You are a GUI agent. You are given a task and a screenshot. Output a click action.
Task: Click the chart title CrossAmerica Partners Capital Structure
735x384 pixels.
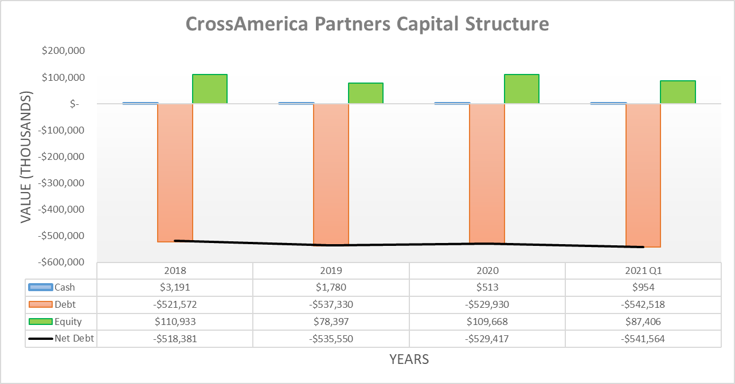pyautogui.click(x=367, y=24)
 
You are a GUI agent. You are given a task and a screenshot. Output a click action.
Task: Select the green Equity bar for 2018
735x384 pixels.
pyautogui.click(x=210, y=89)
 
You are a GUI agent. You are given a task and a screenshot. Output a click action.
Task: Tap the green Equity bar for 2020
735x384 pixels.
pyautogui.click(x=522, y=89)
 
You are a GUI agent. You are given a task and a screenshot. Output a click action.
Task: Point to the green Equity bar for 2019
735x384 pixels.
pyautogui.click(x=366, y=93)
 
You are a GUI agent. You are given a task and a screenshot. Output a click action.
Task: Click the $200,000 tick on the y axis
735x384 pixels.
pyautogui.click(x=64, y=51)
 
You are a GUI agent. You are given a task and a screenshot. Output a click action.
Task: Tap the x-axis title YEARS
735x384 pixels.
pyautogui.click(x=409, y=359)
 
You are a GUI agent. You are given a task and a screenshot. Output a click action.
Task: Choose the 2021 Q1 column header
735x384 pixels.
pyautogui.click(x=643, y=271)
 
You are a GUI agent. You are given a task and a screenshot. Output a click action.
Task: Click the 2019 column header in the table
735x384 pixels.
pyautogui.click(x=331, y=271)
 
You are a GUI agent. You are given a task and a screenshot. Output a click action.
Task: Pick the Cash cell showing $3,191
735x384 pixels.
pyautogui.click(x=175, y=287)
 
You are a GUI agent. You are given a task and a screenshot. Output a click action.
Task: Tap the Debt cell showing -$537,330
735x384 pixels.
pyautogui.click(x=331, y=304)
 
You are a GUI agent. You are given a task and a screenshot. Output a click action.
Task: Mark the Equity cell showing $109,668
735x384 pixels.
pyautogui.click(x=487, y=322)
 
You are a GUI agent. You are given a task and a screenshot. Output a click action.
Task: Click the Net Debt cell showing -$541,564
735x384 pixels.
pyautogui.click(x=643, y=339)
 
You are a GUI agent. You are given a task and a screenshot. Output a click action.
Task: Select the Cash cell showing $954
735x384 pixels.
pyautogui.click(x=643, y=287)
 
